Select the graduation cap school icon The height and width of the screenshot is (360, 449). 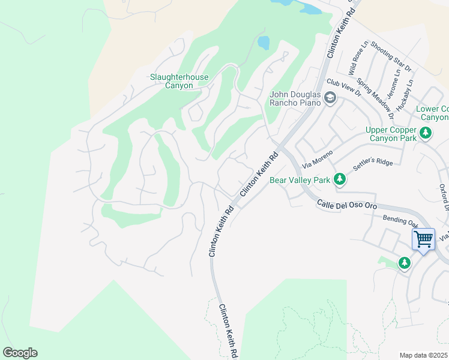tap(330, 97)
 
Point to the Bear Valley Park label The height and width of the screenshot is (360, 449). tap(300, 179)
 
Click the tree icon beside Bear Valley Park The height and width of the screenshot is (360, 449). tap(340, 179)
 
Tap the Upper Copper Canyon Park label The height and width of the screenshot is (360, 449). tap(390, 134)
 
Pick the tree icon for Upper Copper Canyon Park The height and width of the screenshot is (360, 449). tap(426, 132)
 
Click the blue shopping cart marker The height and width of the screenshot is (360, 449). tap(423, 239)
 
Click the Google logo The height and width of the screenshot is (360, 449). tap(20, 353)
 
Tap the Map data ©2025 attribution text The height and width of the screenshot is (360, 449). tap(423, 355)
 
